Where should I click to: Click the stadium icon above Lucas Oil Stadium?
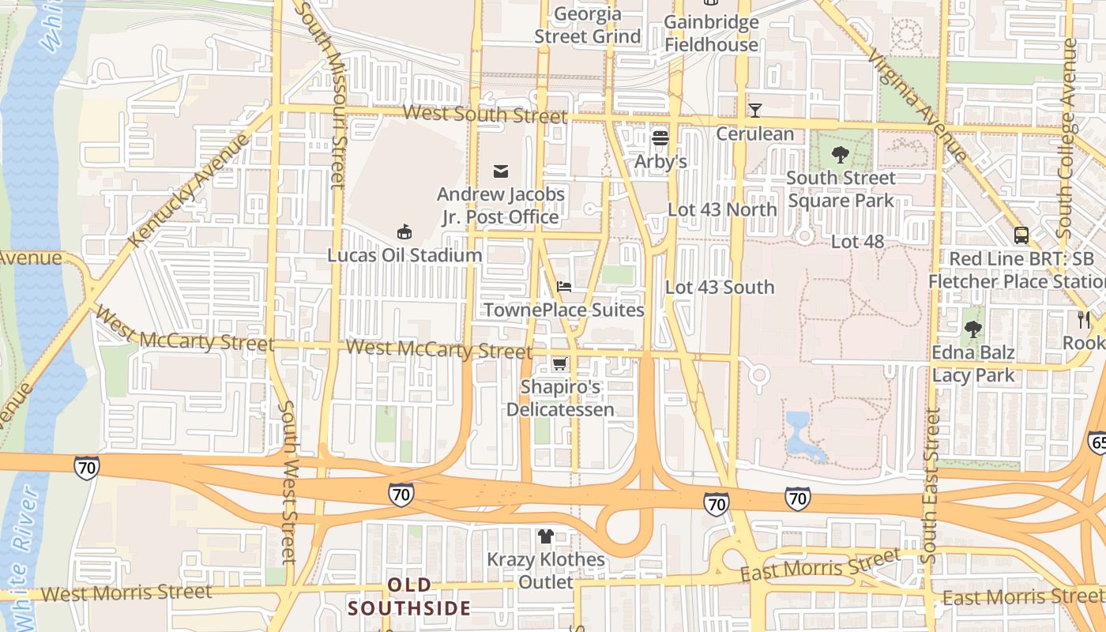point(404,231)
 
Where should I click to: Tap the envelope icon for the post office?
point(500,171)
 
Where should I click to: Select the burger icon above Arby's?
point(660,138)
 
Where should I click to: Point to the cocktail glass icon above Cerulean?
point(754,110)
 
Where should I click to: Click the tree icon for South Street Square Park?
point(841,154)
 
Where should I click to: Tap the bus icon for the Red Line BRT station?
point(1021,235)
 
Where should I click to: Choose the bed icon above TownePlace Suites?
point(563,286)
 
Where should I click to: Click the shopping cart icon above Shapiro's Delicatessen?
point(559,363)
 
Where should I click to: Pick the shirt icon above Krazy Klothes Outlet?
point(545,536)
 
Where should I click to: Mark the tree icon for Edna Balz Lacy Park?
point(973,329)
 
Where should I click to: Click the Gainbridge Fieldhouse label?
point(711,33)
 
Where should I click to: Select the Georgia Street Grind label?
point(588,25)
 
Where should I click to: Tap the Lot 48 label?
point(857,241)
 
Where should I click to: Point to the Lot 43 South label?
point(720,287)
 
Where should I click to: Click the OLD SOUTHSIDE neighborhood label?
point(410,596)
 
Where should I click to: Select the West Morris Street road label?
point(126,592)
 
